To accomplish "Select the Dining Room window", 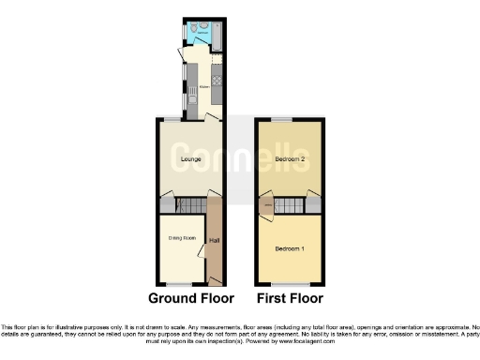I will tap(181, 284).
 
